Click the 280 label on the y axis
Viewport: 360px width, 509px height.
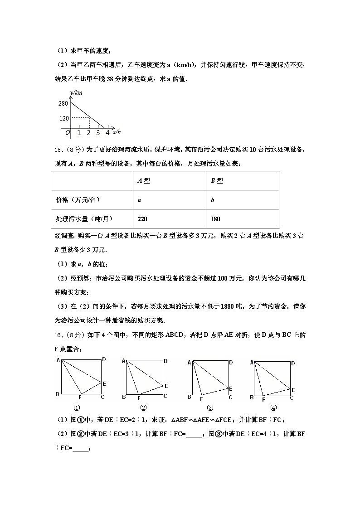pyautogui.click(x=63, y=103)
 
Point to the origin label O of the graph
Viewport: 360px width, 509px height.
pyautogui.click(x=67, y=133)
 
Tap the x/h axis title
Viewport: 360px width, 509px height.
pyautogui.click(x=117, y=132)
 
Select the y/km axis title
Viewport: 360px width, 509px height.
pyautogui.click(x=77, y=93)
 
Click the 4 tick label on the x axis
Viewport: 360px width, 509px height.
pyautogui.click(x=107, y=133)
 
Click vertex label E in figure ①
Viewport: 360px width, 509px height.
pyautogui.click(x=104, y=384)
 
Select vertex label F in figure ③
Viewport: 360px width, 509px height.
pyautogui.click(x=201, y=399)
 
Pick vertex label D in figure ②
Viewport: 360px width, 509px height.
pyautogui.click(x=165, y=361)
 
